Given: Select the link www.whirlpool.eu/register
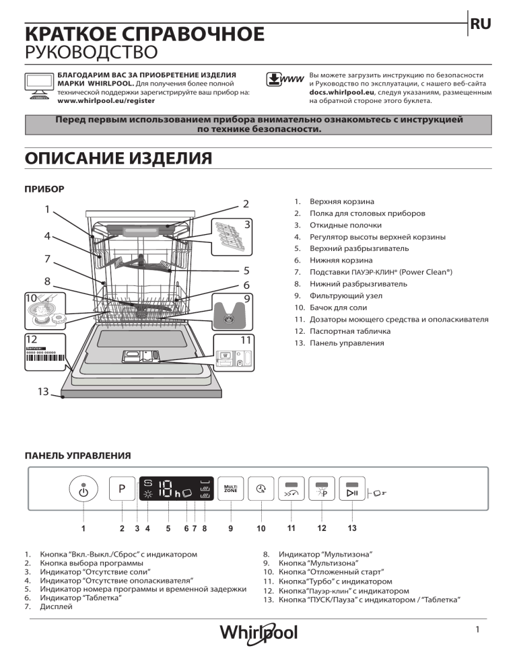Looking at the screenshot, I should point(106,100).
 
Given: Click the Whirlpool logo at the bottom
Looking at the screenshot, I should point(258,633).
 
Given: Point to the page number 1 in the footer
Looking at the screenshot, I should point(476,630).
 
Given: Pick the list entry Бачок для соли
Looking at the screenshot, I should point(339,308).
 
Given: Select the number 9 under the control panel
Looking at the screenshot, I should point(230,528).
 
